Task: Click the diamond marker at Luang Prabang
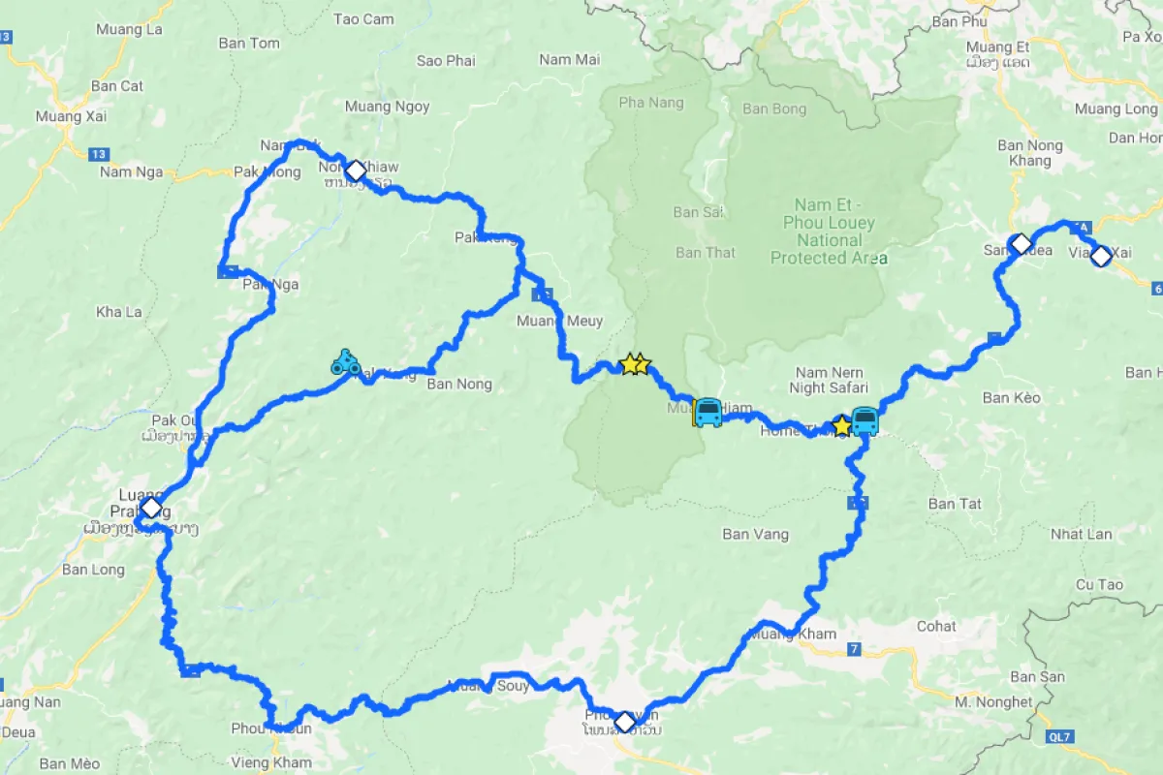[150, 508]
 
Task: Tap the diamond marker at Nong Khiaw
[356, 171]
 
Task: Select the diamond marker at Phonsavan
[625, 722]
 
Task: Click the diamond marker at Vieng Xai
[1101, 256]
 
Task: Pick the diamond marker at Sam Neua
[1020, 243]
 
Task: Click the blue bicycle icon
[345, 363]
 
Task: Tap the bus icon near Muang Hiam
[707, 413]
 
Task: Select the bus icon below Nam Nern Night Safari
[864, 421]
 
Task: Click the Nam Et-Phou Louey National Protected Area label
[829, 232]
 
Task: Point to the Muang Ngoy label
[387, 107]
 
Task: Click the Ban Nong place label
[459, 385]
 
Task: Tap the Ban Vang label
[755, 534]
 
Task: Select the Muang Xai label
[71, 116]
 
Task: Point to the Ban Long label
[93, 570]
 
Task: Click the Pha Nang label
[650, 103]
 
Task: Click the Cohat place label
[936, 626]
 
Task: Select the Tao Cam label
[363, 19]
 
